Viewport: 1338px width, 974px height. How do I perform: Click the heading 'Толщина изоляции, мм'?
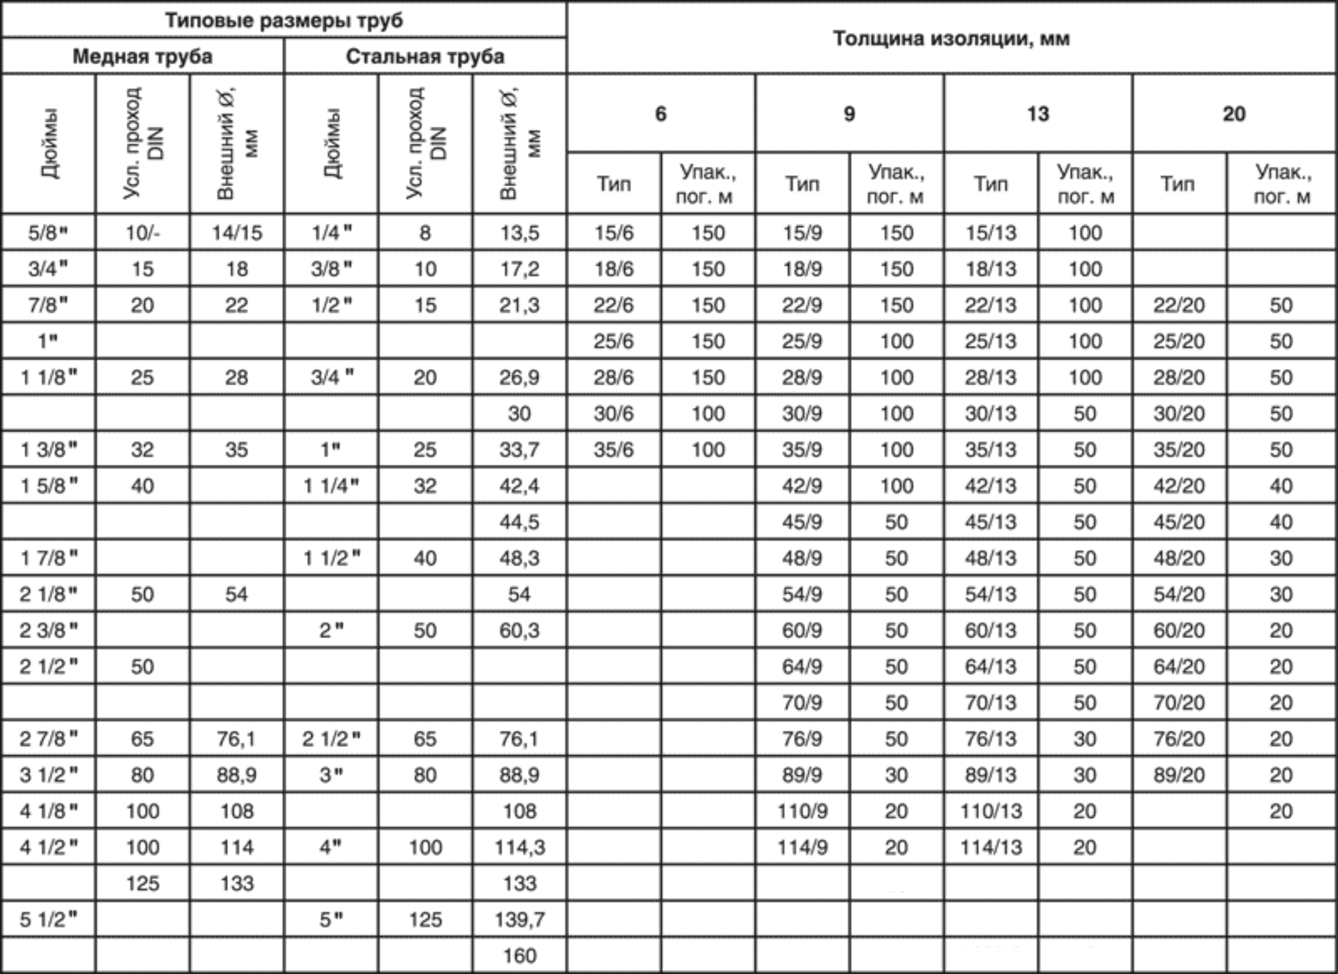(951, 39)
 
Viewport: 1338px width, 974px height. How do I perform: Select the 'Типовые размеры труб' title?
(284, 20)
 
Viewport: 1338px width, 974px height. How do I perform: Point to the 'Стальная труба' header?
(425, 57)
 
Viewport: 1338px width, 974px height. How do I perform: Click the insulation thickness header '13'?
(1038, 113)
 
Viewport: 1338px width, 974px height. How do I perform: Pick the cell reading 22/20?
(1179, 305)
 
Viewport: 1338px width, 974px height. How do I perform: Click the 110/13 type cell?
(990, 811)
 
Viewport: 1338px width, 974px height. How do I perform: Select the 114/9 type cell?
(802, 847)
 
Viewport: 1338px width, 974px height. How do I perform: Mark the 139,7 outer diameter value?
(519, 919)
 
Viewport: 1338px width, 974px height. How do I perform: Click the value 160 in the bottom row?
(519, 955)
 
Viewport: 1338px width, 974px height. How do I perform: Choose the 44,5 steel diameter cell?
(519, 522)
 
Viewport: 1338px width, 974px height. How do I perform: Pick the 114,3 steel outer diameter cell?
(519, 847)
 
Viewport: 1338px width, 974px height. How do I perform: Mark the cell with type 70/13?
(990, 702)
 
